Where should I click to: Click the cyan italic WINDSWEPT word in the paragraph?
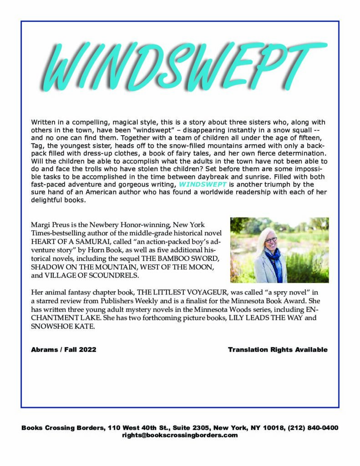click(x=198, y=184)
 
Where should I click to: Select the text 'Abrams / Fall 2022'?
click(x=63, y=349)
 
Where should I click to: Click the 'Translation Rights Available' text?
click(x=278, y=349)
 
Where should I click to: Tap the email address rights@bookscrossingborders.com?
click(x=180, y=435)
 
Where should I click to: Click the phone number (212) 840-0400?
click(x=314, y=428)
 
